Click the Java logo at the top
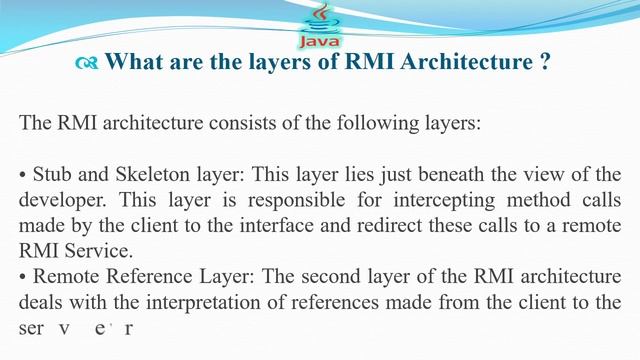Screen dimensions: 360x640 point(320,25)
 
